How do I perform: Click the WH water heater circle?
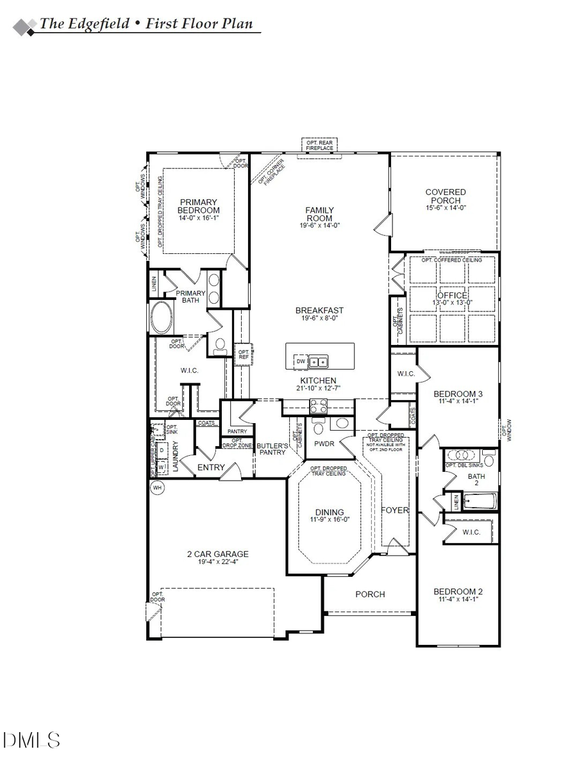[156, 488]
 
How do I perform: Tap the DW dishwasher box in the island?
[301, 362]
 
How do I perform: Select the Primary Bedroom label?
[199, 206]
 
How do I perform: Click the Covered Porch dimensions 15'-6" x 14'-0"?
[446, 208]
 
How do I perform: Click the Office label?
[453, 296]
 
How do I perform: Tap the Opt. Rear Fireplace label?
[319, 146]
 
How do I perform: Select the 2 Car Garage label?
[217, 554]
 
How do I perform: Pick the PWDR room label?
[321, 444]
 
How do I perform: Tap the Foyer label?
[395, 510]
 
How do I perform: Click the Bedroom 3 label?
[458, 394]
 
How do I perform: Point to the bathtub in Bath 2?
[480, 499]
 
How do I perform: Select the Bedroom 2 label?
[458, 592]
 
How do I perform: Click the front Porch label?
[370, 594]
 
